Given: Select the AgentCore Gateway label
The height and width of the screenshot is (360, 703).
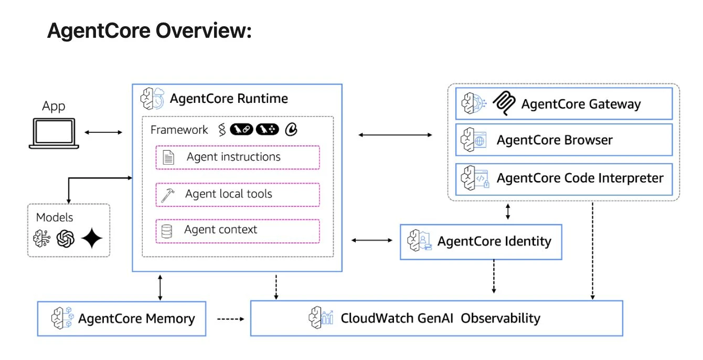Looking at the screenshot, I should pyautogui.click(x=581, y=104).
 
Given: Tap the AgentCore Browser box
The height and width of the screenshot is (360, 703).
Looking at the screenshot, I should pyautogui.click(x=563, y=140).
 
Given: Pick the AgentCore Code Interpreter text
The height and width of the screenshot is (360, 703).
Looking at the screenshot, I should pyautogui.click(x=580, y=178).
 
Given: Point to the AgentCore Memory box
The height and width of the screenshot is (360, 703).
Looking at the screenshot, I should pyautogui.click(x=122, y=318).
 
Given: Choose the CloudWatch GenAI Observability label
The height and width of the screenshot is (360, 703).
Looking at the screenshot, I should pyautogui.click(x=440, y=318).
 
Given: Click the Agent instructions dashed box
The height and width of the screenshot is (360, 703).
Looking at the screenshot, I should pyautogui.click(x=237, y=157).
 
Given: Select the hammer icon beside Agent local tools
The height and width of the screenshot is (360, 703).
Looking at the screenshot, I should pyautogui.click(x=167, y=195).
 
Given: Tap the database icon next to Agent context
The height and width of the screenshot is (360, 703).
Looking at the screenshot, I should pyautogui.click(x=167, y=231).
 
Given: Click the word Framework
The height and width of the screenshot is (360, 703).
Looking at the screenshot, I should pyautogui.click(x=179, y=130).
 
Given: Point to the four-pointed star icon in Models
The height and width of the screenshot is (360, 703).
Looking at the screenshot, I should pyautogui.click(x=92, y=239).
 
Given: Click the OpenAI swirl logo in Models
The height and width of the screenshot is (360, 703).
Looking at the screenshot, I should pyautogui.click(x=66, y=239).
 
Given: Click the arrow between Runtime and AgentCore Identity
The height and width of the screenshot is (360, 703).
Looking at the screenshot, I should pyautogui.click(x=371, y=240).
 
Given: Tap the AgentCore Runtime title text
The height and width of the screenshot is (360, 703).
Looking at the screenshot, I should pyautogui.click(x=229, y=98).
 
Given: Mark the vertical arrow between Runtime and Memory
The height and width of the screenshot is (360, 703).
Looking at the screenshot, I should pyautogui.click(x=160, y=286).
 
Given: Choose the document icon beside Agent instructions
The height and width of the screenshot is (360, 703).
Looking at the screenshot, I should pyautogui.click(x=168, y=157).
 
